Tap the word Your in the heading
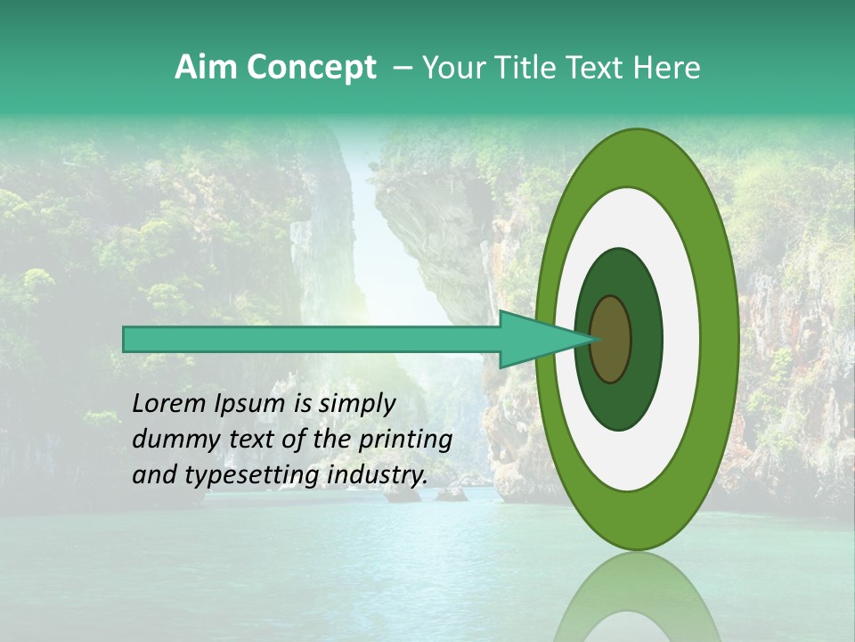[x=451, y=68]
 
